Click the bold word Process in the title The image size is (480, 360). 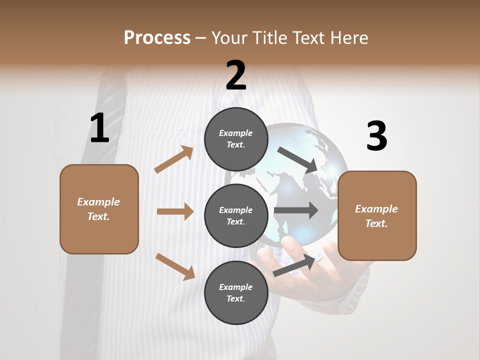click(x=157, y=37)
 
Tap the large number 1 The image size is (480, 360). click(x=99, y=128)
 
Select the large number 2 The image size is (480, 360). click(x=236, y=75)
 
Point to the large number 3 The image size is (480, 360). click(x=376, y=136)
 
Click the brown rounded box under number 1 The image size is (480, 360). click(x=99, y=209)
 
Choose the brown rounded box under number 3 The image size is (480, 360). click(x=377, y=215)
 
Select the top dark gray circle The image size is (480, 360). click(x=236, y=139)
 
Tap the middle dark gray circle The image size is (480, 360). click(x=236, y=215)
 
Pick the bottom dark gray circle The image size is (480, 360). click(x=236, y=292)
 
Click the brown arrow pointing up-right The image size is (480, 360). click(x=174, y=159)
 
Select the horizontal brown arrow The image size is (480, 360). click(x=175, y=211)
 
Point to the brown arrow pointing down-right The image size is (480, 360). click(x=175, y=266)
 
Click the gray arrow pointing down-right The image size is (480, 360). click(x=297, y=159)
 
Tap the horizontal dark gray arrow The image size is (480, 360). click(x=296, y=210)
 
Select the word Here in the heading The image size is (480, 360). click(x=349, y=37)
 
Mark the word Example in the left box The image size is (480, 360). click(x=98, y=202)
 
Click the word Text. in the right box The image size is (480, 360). click(x=376, y=223)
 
